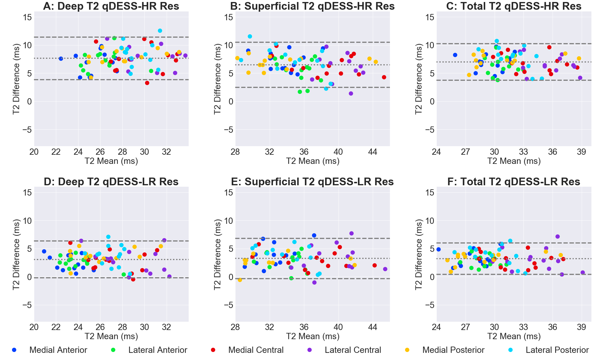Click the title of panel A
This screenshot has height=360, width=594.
pyautogui.click(x=111, y=6)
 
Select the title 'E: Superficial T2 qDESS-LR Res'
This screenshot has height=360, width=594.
pyautogui.click(x=312, y=182)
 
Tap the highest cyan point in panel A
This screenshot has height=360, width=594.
pyautogui.click(x=160, y=31)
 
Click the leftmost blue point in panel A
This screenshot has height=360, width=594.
pyautogui.click(x=61, y=59)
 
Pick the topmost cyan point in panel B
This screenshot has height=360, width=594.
pyautogui.click(x=250, y=36)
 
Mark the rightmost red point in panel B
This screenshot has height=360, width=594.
pyautogui.click(x=384, y=77)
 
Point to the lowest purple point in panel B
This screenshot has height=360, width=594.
pyautogui.click(x=351, y=93)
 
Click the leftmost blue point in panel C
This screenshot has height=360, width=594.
pyautogui.click(x=455, y=55)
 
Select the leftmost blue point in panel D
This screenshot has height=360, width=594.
pyautogui.click(x=44, y=251)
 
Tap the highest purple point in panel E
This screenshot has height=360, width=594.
pyautogui.click(x=351, y=233)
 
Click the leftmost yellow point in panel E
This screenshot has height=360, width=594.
pyautogui.click(x=240, y=280)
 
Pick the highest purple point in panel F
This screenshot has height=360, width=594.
pyautogui.click(x=557, y=236)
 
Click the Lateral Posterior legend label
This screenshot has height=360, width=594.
pyautogui.click(x=557, y=350)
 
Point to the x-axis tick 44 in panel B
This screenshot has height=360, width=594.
pyautogui.click(x=372, y=152)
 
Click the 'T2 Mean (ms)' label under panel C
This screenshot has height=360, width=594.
pyautogui.click(x=514, y=161)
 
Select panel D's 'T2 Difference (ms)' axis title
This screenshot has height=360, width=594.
pyautogui.click(x=16, y=254)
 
